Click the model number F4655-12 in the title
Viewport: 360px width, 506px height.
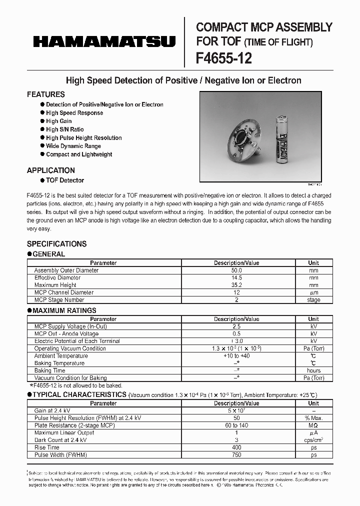[x=223, y=58]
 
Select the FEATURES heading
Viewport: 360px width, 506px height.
[x=45, y=94]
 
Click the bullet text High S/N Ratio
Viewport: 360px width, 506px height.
[x=65, y=129]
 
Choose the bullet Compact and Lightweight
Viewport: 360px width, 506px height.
[x=79, y=154]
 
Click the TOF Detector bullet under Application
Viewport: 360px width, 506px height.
[x=65, y=180]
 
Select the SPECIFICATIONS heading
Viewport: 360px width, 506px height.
[x=56, y=244]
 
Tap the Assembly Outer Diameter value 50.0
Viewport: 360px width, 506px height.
[x=236, y=270]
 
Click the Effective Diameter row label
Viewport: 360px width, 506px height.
[x=57, y=277]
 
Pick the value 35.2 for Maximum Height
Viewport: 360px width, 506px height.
[x=236, y=285]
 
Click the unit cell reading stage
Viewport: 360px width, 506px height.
[x=313, y=300]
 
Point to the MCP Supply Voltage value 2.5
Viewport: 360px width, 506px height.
[x=236, y=326]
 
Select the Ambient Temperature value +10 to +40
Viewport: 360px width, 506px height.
[x=236, y=356]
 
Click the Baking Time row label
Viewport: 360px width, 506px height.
[x=50, y=370]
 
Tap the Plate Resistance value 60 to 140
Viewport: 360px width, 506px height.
[x=236, y=425]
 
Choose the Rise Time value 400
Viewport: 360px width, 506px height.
[x=236, y=447]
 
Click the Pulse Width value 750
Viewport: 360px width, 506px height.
[x=236, y=455]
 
